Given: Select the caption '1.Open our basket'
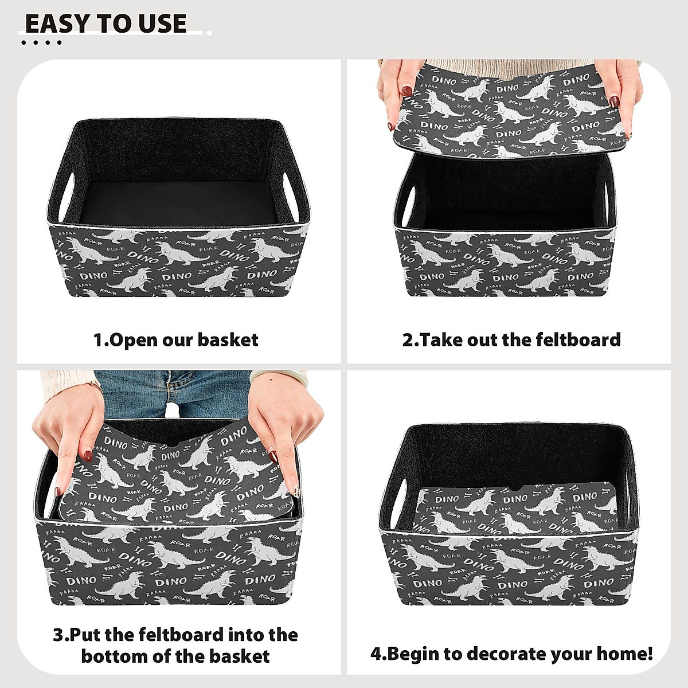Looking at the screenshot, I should [x=175, y=340].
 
